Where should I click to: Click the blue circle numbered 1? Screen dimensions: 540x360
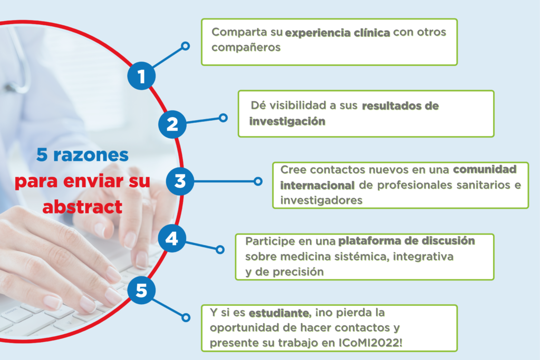pos(141,76)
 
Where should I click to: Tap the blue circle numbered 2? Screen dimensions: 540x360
pos(172,124)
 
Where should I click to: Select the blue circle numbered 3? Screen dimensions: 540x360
pos(180,181)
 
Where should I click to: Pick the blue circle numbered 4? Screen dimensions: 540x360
pos(172,238)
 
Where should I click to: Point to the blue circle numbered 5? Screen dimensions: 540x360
pos(141,290)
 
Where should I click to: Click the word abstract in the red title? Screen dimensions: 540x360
pos(82,207)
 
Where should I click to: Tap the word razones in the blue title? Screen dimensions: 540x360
pos(91,155)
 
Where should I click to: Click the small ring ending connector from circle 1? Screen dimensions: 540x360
pos(185,46)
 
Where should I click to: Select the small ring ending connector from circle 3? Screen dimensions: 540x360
pos(258,181)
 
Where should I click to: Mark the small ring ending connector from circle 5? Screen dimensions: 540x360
pos(186,317)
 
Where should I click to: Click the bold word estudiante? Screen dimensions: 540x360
pos(279,313)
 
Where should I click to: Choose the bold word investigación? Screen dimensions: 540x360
pos(287,121)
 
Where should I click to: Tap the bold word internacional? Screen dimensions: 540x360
pos(317,185)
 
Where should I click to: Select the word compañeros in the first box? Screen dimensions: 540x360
pos(246,47)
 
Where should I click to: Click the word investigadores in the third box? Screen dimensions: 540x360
pos(321,200)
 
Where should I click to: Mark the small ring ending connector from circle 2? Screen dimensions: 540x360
pos(223,118)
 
